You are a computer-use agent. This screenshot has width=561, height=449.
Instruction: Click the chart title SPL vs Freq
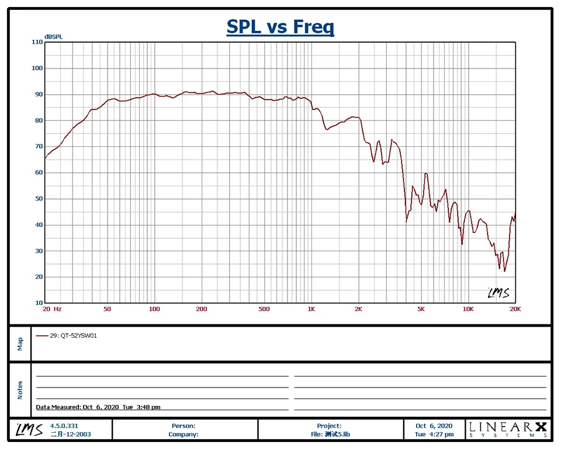coord(280,27)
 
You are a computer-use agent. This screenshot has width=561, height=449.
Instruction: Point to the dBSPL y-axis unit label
coord(53,37)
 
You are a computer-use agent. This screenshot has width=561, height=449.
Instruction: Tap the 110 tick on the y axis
coord(37,42)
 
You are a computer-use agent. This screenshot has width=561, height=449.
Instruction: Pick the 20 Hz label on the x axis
coord(53,309)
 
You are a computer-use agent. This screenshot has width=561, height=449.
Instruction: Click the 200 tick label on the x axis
coord(201,309)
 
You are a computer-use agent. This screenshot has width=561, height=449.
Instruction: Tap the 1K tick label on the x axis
coord(311,309)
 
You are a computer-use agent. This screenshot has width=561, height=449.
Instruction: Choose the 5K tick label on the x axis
coord(421,309)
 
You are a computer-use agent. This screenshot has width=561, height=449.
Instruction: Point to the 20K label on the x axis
coord(514,309)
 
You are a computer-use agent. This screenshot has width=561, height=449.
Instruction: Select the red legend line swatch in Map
coord(42,336)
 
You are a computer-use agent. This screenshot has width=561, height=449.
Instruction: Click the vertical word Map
coord(20,343)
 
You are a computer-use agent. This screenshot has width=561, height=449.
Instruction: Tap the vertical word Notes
coord(20,389)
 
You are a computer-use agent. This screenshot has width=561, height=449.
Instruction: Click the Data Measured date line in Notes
coord(98,407)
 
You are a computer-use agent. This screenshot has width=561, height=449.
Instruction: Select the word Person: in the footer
coord(183,426)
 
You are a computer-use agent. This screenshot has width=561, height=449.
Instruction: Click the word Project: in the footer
coord(330,426)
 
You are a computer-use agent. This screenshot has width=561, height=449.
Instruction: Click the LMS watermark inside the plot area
coord(498,293)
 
